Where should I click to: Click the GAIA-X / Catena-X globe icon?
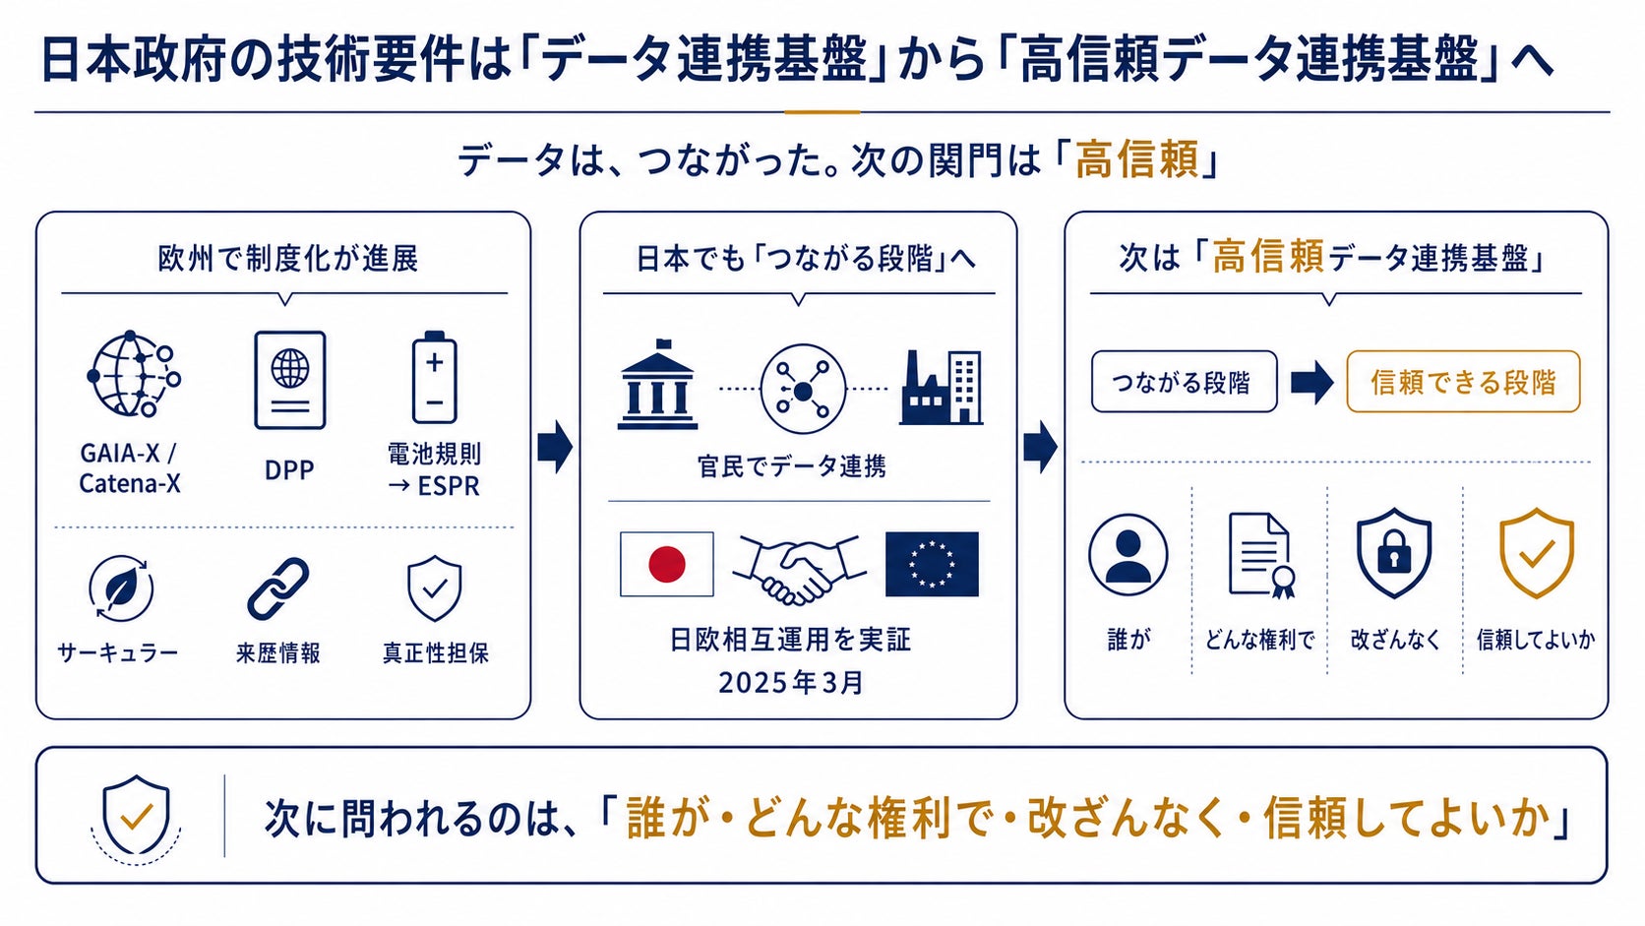click(135, 374)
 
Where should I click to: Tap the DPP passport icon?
click(290, 380)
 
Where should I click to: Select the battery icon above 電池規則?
click(434, 378)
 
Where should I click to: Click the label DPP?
click(289, 470)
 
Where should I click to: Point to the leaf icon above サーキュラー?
click(120, 588)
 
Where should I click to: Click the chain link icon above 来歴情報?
click(278, 588)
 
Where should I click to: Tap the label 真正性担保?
click(436, 652)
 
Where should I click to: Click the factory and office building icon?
click(942, 387)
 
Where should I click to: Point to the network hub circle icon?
click(803, 389)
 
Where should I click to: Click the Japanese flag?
click(667, 564)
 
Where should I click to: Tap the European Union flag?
click(932, 564)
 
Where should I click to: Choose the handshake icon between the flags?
click(799, 569)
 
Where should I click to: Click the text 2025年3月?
click(791, 683)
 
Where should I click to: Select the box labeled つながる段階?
click(1184, 381)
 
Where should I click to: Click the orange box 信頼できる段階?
click(1463, 381)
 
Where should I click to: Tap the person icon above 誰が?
click(1128, 554)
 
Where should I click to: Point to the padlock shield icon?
click(1394, 552)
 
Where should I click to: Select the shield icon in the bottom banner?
click(136, 817)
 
